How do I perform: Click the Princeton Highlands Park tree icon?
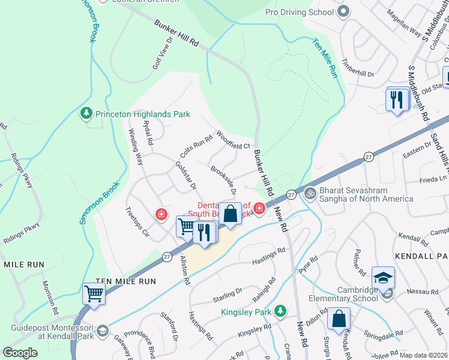(x=87, y=113)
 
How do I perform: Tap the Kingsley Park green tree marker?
(x=279, y=311)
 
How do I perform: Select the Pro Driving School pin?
(x=343, y=11)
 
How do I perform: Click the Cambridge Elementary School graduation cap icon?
(x=383, y=277)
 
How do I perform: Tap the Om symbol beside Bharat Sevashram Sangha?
(x=310, y=193)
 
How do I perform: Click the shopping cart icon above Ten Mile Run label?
(x=94, y=293)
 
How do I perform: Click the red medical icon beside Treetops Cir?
(x=161, y=214)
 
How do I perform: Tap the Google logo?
(x=20, y=353)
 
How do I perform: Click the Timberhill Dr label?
(x=358, y=68)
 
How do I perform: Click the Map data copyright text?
(x=423, y=355)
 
